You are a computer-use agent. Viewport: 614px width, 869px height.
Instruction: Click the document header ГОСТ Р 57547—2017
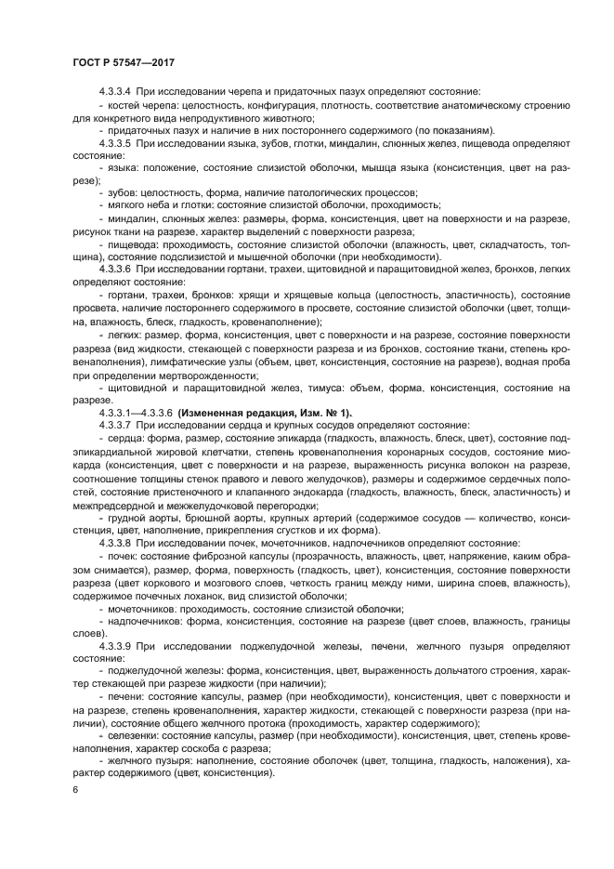124,61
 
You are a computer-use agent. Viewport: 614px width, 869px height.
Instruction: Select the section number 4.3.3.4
116,93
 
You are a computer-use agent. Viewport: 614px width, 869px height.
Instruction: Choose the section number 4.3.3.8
116,541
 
